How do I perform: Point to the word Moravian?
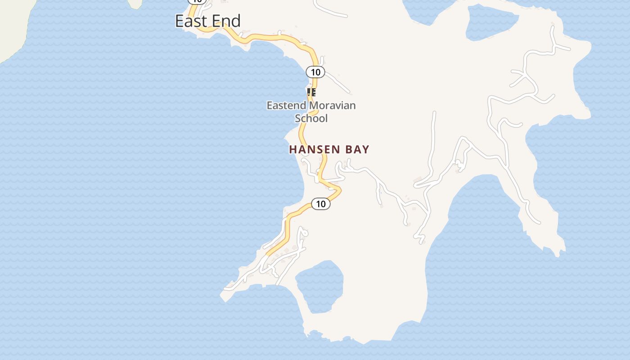333,106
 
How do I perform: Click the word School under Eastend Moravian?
311,118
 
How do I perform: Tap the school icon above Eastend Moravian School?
311,92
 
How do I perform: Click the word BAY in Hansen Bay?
358,149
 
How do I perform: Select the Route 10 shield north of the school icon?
315,72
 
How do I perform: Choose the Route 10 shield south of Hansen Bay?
320,204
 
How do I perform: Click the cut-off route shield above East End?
197,1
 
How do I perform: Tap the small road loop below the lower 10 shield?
304,233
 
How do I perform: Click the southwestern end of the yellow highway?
268,254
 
